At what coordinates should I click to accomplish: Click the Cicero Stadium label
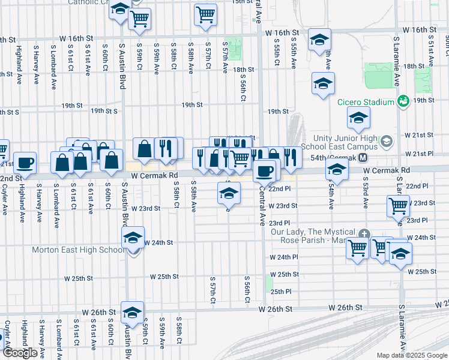pyautogui.click(x=366, y=102)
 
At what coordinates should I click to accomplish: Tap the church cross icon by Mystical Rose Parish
pyautogui.click(x=364, y=233)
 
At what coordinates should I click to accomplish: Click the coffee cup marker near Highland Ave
pyautogui.click(x=25, y=163)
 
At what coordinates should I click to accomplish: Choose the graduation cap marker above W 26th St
pyautogui.click(x=132, y=312)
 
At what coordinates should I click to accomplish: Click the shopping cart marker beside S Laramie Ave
pyautogui.click(x=399, y=206)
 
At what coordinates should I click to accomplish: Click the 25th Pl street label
pyautogui.click(x=280, y=292)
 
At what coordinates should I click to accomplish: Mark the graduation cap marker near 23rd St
pyautogui.click(x=229, y=193)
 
